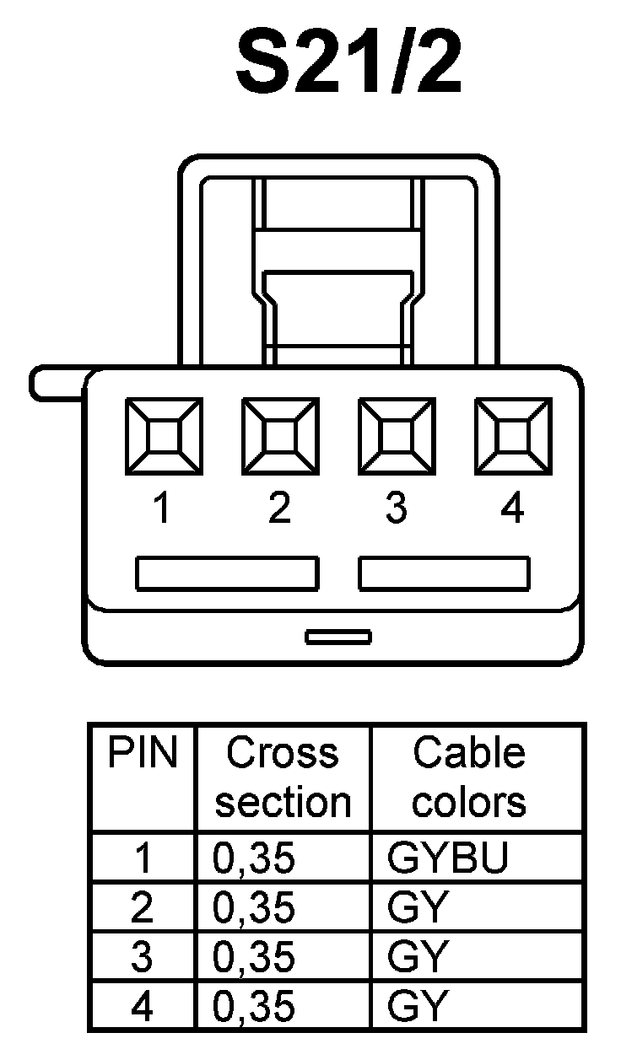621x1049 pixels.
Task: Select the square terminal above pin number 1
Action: (164, 437)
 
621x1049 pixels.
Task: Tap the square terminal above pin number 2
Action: (280, 437)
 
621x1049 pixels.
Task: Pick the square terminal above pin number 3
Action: (397, 437)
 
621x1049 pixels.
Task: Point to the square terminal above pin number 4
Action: (513, 437)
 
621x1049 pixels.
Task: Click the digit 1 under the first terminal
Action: (162, 509)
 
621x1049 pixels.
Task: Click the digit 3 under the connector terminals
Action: (396, 509)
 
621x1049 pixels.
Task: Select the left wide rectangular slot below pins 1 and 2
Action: (228, 573)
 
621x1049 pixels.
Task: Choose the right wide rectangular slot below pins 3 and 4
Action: (445, 573)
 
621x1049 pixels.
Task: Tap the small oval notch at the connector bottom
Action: (338, 636)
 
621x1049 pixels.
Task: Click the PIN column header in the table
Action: (143, 753)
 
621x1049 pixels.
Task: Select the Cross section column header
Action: (283, 777)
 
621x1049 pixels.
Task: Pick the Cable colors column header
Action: (469, 777)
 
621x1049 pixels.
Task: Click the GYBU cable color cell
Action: (448, 858)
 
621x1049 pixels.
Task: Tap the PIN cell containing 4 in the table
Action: (143, 1007)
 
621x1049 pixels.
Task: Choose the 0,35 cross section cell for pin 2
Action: (255, 907)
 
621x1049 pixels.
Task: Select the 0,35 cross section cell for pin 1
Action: (255, 858)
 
